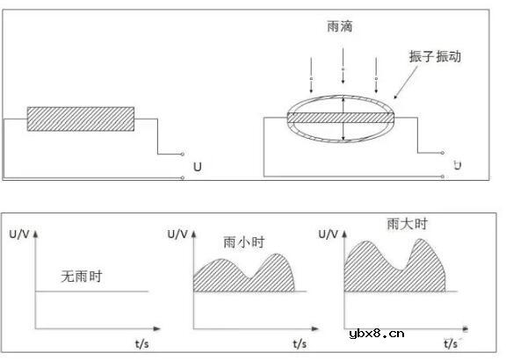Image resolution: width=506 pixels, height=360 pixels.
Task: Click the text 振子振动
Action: point(435,56)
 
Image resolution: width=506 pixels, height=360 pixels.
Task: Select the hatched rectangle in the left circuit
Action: point(81,119)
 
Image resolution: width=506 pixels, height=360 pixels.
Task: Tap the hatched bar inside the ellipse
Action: point(343,118)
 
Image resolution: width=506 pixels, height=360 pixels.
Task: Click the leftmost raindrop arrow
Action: point(311,74)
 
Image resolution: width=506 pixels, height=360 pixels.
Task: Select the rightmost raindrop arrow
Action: point(376,74)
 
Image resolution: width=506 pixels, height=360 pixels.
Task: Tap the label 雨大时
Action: point(406,225)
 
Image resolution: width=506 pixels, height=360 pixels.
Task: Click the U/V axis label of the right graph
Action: point(329,233)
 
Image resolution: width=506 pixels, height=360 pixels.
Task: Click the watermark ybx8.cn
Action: point(377,333)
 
